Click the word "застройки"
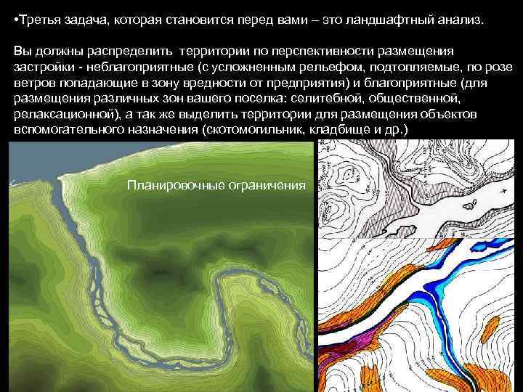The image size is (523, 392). click(x=42, y=67)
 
